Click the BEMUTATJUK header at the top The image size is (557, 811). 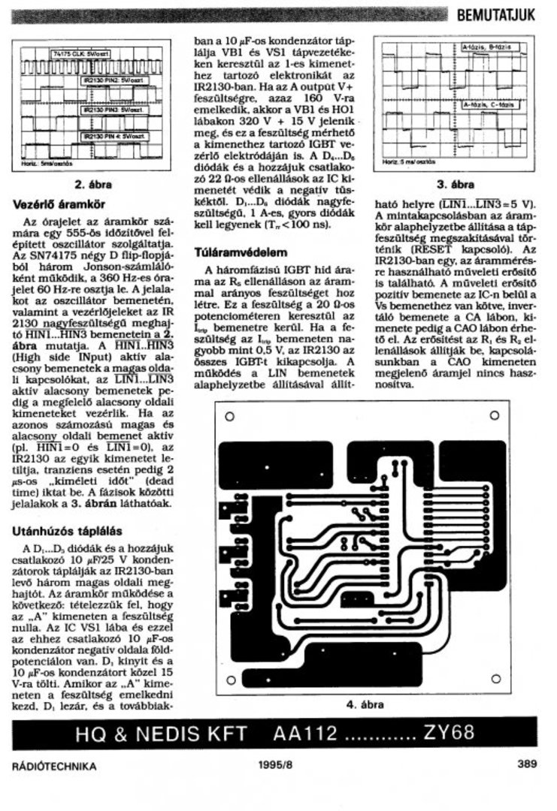[x=497, y=13]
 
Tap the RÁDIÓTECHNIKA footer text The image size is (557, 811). [x=55, y=766]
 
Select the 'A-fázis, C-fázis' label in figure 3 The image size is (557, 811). [x=489, y=105]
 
